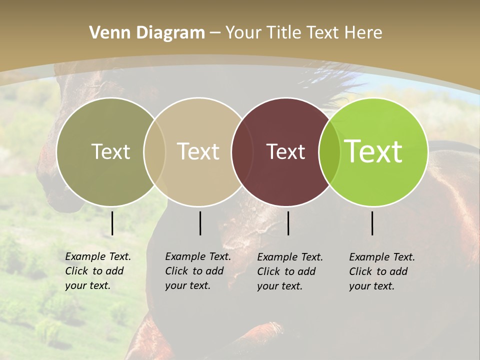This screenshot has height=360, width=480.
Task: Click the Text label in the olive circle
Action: click(110, 151)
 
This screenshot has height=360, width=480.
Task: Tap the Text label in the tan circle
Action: click(198, 151)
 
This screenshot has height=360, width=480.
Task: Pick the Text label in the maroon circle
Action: click(285, 151)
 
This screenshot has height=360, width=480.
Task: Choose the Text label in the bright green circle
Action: click(373, 151)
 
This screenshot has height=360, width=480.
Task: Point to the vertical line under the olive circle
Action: click(112, 223)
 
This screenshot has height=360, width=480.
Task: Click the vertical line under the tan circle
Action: click(200, 223)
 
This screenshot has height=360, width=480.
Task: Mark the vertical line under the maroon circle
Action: click(288, 223)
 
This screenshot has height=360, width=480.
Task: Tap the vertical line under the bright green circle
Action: click(372, 223)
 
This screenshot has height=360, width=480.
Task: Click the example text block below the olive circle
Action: click(97, 271)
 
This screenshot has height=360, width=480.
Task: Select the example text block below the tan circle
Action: click(197, 271)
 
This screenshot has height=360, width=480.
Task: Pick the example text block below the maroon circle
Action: click(289, 271)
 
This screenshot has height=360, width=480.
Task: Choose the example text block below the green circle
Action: click(381, 271)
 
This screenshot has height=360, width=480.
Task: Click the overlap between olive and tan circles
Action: click(154, 151)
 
